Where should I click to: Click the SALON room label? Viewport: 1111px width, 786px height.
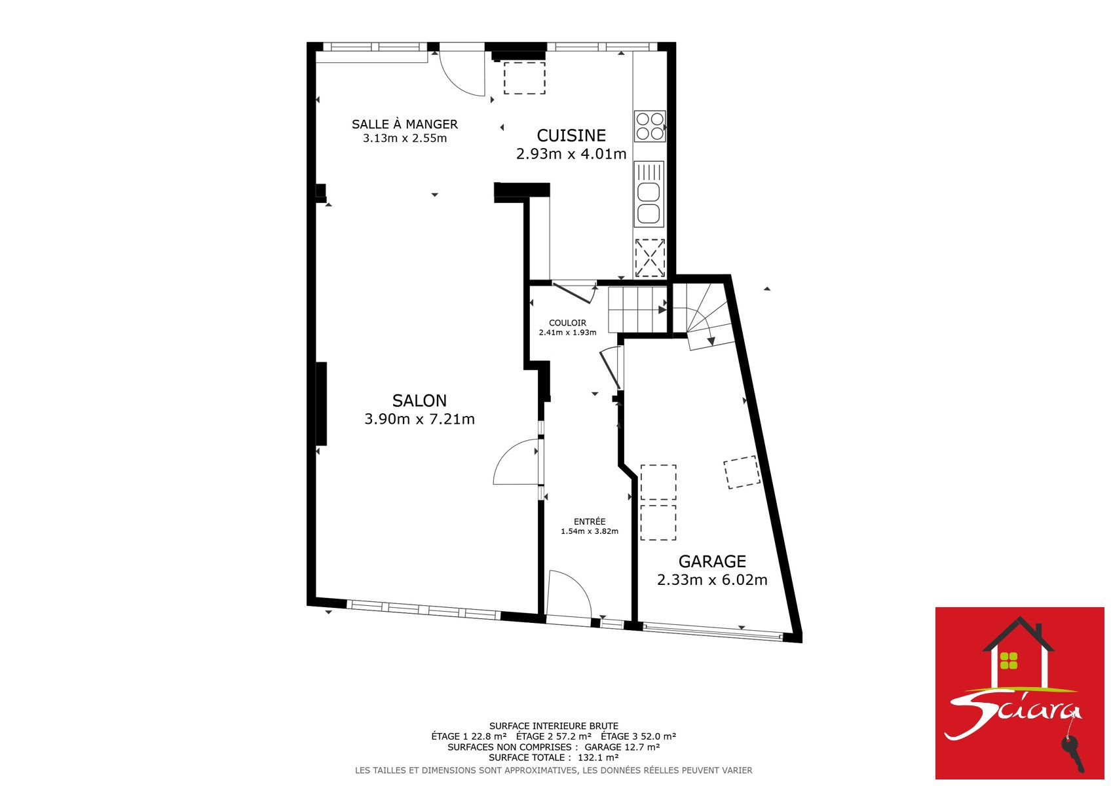click(x=419, y=400)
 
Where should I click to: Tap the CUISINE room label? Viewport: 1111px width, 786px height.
click(x=571, y=136)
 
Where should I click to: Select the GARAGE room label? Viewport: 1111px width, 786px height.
click(x=711, y=561)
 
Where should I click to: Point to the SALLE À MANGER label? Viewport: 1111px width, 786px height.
click(x=405, y=124)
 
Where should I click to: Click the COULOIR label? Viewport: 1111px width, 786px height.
click(x=567, y=323)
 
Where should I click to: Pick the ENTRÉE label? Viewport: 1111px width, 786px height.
click(x=589, y=521)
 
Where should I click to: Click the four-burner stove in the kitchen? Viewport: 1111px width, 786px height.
click(x=650, y=126)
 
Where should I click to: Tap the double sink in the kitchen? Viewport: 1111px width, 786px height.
click(x=649, y=195)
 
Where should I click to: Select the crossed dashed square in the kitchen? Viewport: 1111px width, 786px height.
click(x=650, y=258)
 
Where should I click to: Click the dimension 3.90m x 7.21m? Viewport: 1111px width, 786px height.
click(x=419, y=419)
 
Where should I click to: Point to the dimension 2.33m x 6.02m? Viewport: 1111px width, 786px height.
click(x=711, y=580)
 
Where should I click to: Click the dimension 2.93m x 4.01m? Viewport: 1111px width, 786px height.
click(x=571, y=154)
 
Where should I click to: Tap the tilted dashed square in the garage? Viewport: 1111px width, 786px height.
click(x=742, y=472)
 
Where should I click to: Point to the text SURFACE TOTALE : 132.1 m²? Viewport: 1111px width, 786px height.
click(x=554, y=757)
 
